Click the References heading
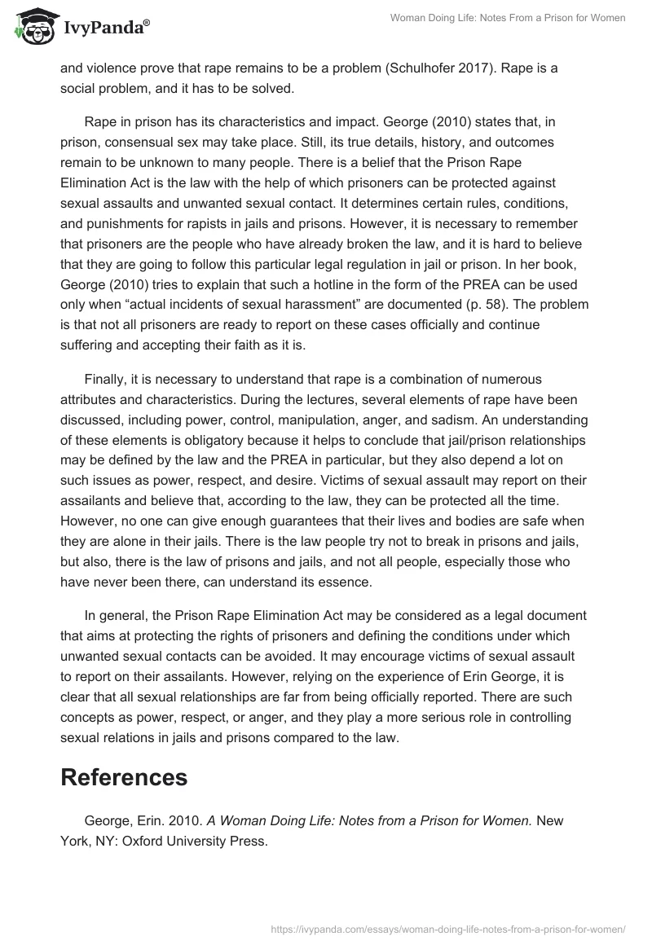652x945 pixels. (x=124, y=777)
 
